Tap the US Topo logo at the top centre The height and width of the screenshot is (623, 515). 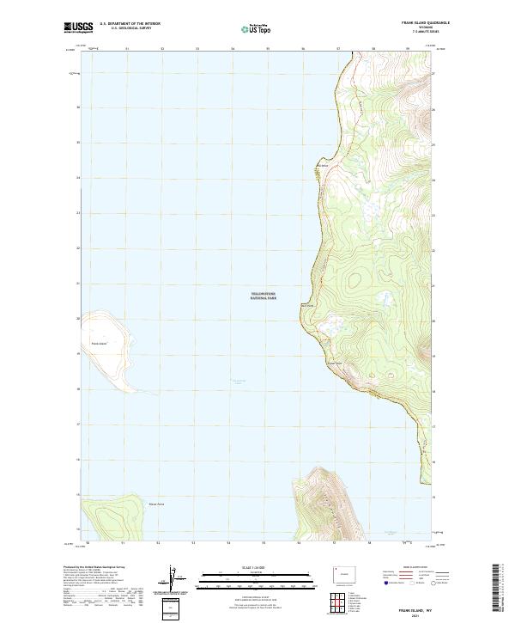pos(256,28)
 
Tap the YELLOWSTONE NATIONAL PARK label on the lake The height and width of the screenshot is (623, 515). pos(264,295)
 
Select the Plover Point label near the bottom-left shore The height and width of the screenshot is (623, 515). pos(156,504)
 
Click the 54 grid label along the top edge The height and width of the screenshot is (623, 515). pos(233,49)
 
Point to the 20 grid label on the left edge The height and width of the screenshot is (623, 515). pos(79,319)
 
